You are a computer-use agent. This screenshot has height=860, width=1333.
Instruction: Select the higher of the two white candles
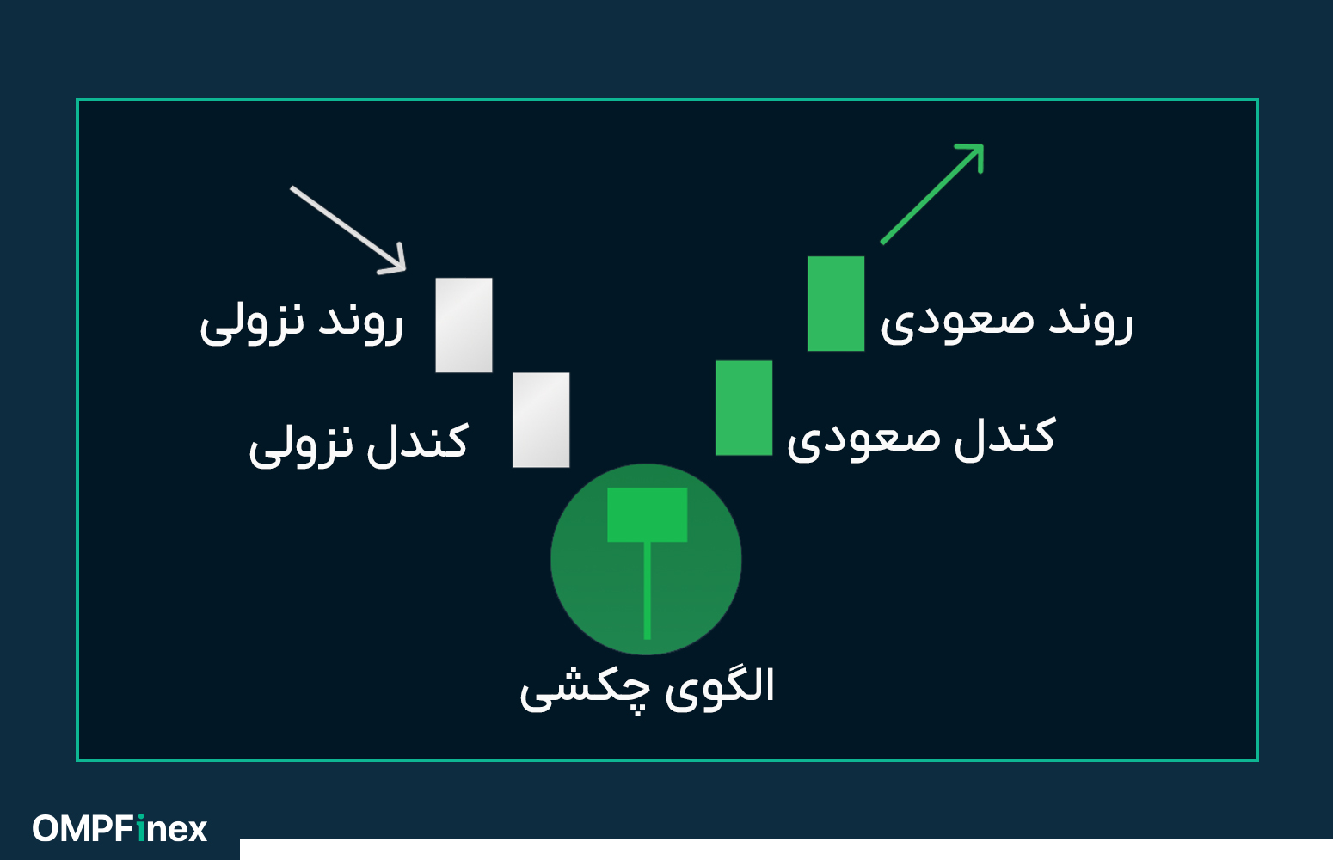pyautogui.click(x=464, y=325)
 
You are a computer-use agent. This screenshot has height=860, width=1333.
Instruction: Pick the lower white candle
pyautogui.click(x=541, y=420)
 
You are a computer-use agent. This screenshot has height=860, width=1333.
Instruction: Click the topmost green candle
pyautogui.click(x=836, y=304)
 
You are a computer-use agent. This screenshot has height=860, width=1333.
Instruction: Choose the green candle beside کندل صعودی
pyautogui.click(x=744, y=408)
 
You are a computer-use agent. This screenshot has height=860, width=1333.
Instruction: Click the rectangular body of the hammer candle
pyautogui.click(x=647, y=515)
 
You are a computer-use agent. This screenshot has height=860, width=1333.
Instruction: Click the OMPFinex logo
pyautogui.click(x=120, y=829)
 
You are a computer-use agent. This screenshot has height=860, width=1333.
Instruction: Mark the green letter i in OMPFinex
pyautogui.click(x=141, y=829)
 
